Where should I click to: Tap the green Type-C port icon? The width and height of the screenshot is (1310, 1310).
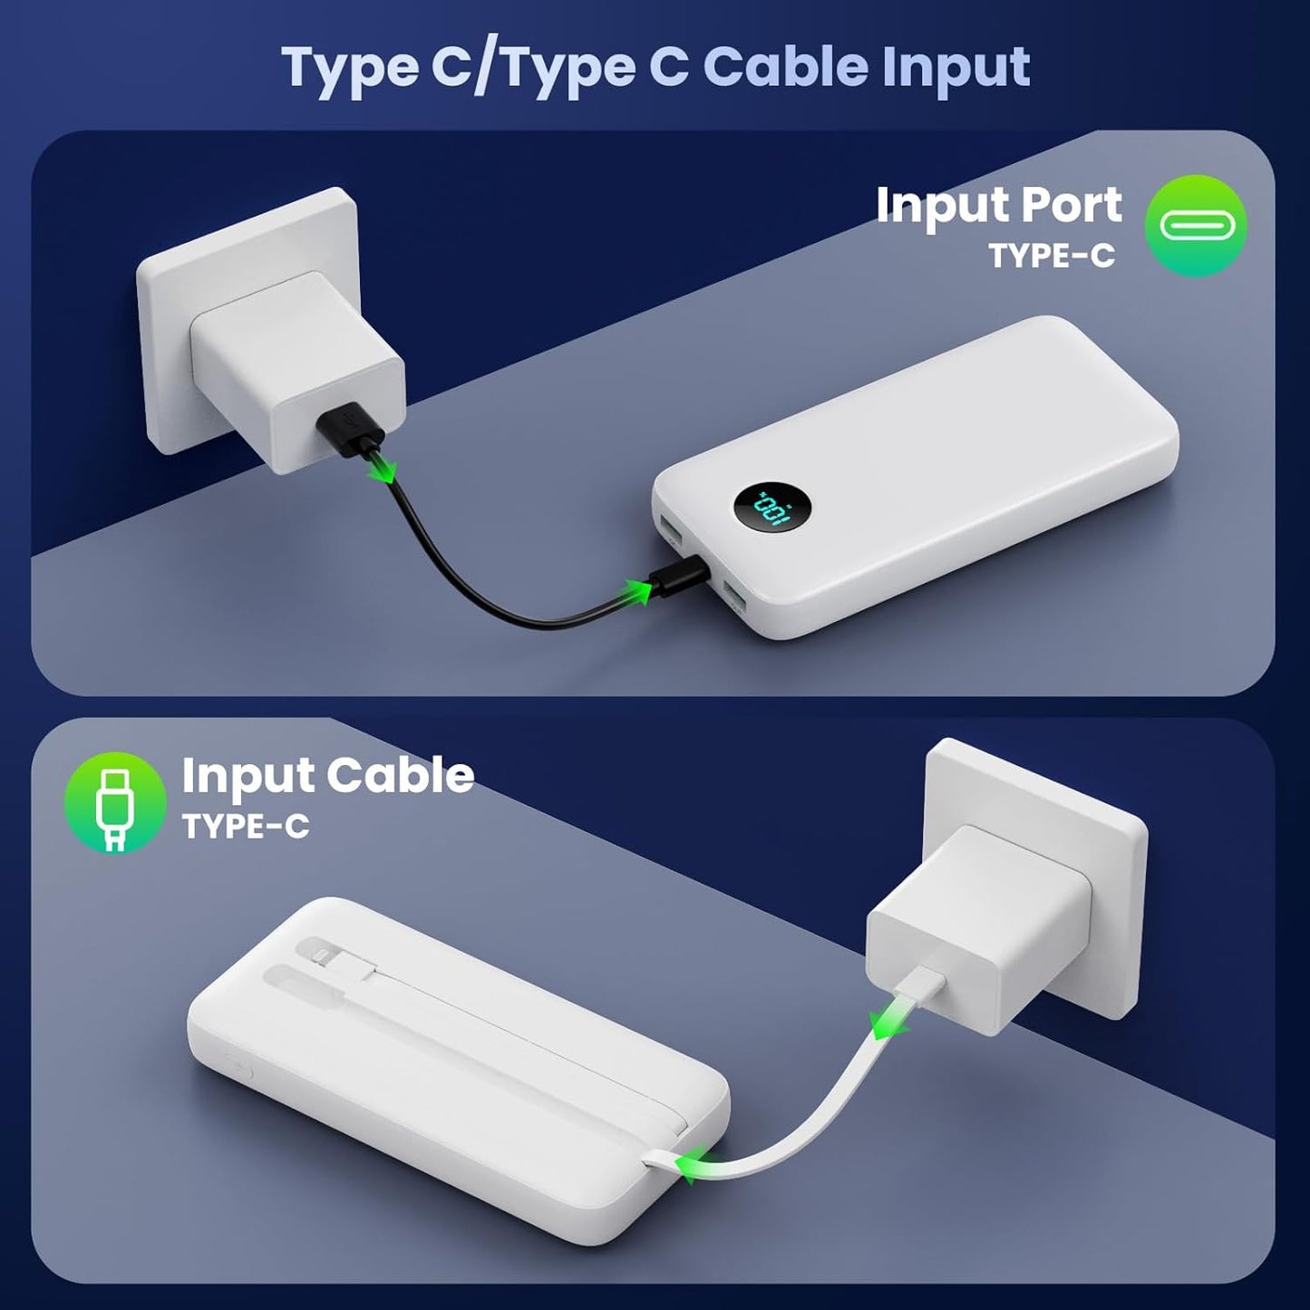click(x=1196, y=225)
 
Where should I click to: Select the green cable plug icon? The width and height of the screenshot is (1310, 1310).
click(x=115, y=802)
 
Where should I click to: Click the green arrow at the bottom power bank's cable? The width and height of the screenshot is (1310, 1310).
click(x=695, y=1165)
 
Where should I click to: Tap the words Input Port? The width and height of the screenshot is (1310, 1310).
click(x=998, y=205)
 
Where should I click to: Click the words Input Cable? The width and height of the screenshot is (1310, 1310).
click(x=328, y=775)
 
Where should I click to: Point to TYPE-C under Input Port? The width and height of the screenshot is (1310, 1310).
click(x=1052, y=257)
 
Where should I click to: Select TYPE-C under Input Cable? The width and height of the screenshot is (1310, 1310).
click(x=246, y=827)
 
